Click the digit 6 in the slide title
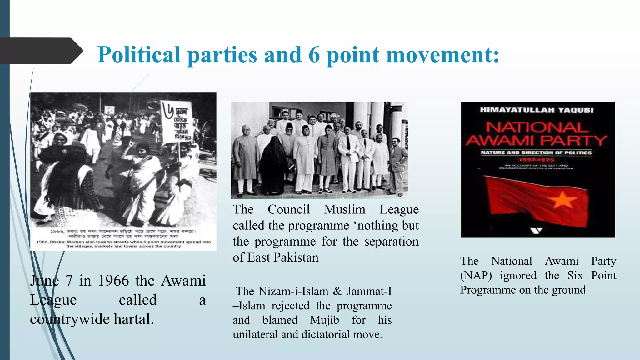[x=314, y=55]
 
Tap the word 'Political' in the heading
[x=139, y=55]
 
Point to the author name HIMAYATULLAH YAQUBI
[x=537, y=110]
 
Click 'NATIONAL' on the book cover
[x=536, y=127]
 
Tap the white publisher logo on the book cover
[x=536, y=231]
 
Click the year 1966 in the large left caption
[x=113, y=281]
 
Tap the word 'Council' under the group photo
[x=288, y=209]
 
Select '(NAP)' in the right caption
[x=476, y=276]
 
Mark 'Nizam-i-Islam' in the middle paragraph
[x=293, y=291]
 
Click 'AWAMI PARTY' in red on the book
[x=536, y=141]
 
